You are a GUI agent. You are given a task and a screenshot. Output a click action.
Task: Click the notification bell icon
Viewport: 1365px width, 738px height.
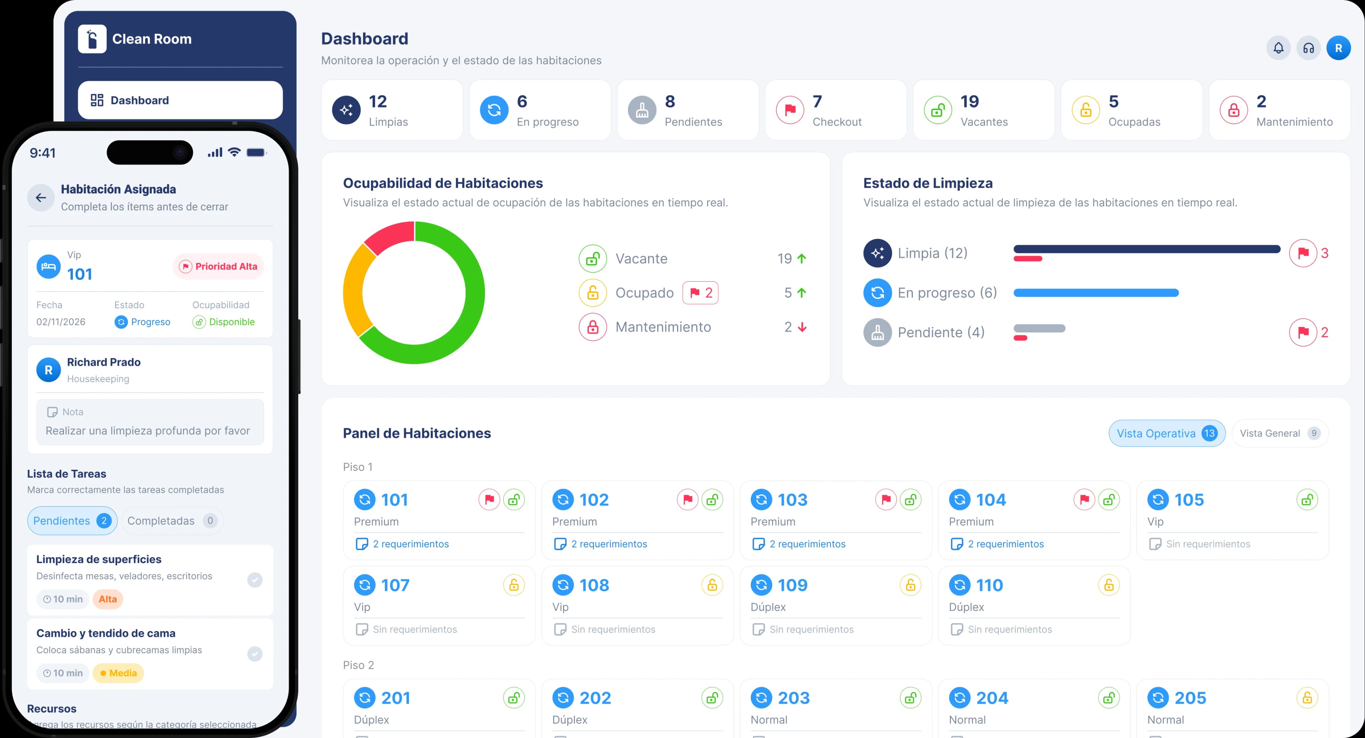(1278, 48)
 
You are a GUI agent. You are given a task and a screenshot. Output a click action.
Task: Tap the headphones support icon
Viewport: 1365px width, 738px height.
(1308, 48)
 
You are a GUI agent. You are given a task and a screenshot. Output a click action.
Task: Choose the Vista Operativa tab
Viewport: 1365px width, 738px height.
(1167, 433)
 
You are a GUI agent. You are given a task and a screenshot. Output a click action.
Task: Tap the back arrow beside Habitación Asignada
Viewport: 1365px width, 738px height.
(41, 198)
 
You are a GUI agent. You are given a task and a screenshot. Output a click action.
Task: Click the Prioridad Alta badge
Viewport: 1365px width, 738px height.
(218, 266)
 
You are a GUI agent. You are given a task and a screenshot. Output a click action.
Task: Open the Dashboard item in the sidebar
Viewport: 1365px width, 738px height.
(180, 100)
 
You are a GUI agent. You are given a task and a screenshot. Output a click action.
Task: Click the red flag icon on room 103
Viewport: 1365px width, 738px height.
(886, 499)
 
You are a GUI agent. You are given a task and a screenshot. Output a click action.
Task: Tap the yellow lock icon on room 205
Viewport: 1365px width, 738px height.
(1307, 698)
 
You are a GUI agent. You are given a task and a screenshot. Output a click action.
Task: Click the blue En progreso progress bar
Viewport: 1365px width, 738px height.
(1096, 293)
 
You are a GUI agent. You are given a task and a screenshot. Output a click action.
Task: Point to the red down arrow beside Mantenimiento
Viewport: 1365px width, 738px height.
(802, 327)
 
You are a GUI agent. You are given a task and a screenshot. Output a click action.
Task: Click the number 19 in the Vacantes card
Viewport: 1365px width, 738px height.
(970, 101)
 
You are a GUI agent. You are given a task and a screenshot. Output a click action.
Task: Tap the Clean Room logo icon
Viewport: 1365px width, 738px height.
(92, 39)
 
